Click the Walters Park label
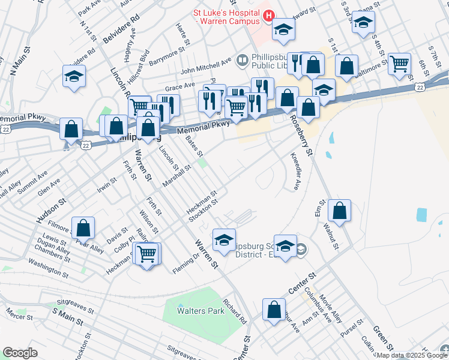[200, 311]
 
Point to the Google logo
[20, 353]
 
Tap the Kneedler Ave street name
[295, 175]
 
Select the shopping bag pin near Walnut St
[339, 211]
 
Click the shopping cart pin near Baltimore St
[399, 63]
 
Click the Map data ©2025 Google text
[411, 355]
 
